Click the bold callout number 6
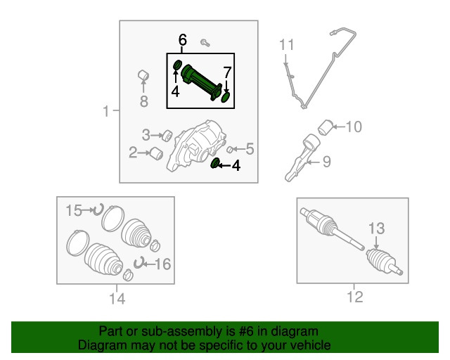183,39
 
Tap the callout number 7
227,72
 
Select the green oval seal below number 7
226,97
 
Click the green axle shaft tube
202,82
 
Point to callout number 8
143,102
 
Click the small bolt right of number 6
205,43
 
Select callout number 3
146,135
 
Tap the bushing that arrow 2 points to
157,153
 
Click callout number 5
250,148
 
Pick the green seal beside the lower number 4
214,163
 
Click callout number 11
287,45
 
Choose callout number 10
354,127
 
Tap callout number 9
326,162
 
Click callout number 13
376,229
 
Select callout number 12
355,297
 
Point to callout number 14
117,299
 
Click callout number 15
74,210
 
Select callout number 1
106,111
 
